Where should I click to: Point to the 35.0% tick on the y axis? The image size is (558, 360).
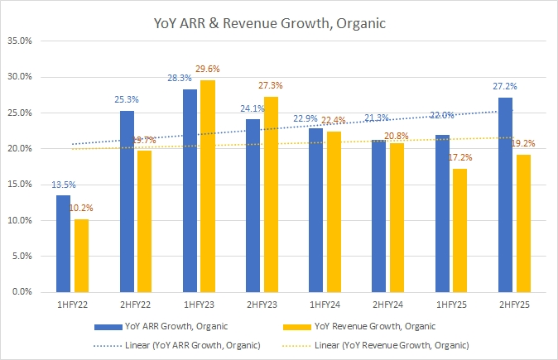(x=19, y=40)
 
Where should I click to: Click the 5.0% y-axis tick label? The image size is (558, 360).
(x=22, y=257)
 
